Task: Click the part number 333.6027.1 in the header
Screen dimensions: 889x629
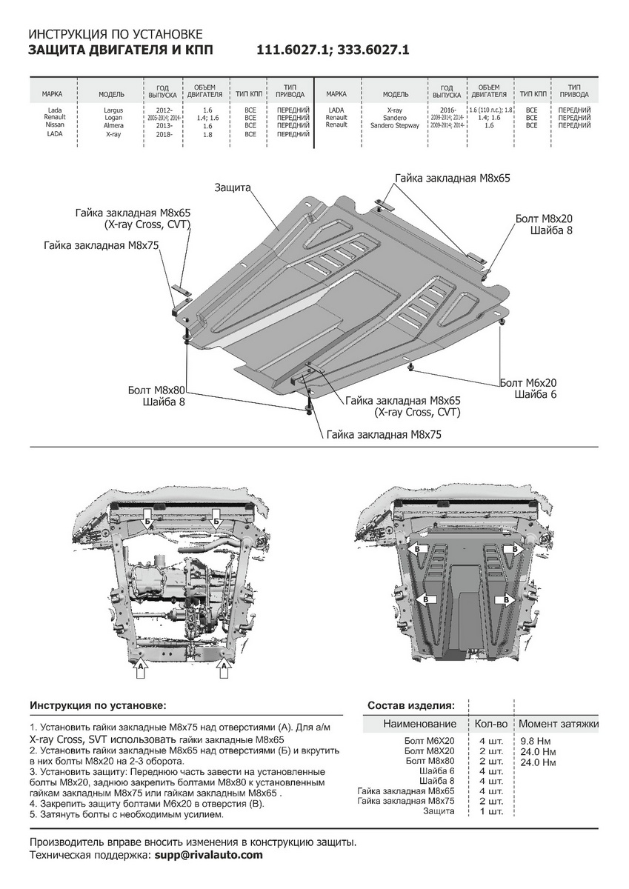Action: point(370,50)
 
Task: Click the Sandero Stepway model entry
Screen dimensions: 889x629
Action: point(395,126)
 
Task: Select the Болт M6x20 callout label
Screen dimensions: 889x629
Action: point(528,382)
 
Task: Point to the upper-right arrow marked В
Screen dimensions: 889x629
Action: point(512,550)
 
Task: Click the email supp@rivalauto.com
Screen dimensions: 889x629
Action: point(208,854)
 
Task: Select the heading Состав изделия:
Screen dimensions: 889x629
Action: point(410,705)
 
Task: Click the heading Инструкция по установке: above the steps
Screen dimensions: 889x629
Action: point(98,705)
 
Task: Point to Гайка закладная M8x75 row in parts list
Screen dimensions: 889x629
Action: point(406,801)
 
